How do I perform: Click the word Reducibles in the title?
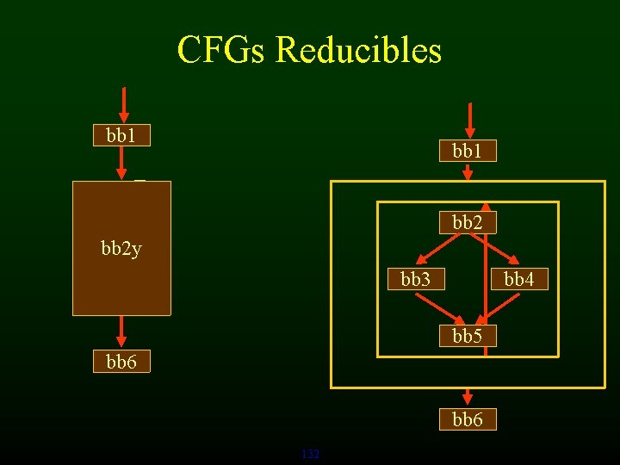(x=358, y=50)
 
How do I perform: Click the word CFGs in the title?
(x=221, y=50)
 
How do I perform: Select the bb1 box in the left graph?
(x=121, y=135)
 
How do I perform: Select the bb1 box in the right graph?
(x=468, y=151)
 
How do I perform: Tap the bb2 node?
(x=468, y=223)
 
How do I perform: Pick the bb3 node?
(x=416, y=280)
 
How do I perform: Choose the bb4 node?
(x=519, y=280)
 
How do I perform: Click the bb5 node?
(x=468, y=336)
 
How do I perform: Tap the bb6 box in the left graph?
(x=121, y=363)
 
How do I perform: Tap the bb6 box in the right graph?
(x=468, y=419)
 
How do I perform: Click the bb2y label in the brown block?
(x=121, y=250)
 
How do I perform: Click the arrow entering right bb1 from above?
(x=469, y=120)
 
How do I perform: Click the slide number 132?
(x=311, y=454)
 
